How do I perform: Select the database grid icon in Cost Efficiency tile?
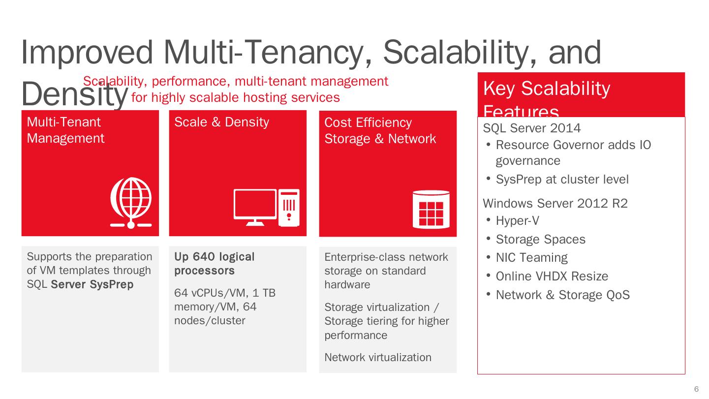click(x=431, y=210)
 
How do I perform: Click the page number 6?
click(x=696, y=389)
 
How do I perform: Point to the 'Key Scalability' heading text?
click(x=546, y=89)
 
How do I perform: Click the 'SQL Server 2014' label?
click(x=532, y=128)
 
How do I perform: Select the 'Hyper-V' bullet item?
click(x=517, y=221)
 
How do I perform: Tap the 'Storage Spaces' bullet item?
click(x=540, y=240)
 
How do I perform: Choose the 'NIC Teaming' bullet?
click(x=531, y=258)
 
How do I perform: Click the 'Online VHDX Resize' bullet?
click(x=552, y=276)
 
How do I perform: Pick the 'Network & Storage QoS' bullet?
click(x=562, y=295)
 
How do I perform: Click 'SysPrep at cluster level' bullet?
click(x=562, y=180)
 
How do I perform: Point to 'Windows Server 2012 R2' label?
click(x=555, y=203)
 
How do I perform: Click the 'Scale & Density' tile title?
click(x=221, y=122)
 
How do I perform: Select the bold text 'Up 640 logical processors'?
click(x=215, y=264)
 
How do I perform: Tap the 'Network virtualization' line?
click(x=377, y=358)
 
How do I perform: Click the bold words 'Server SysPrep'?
click(x=92, y=284)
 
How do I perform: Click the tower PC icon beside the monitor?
click(x=289, y=208)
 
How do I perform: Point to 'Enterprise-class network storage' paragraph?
click(x=386, y=271)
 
